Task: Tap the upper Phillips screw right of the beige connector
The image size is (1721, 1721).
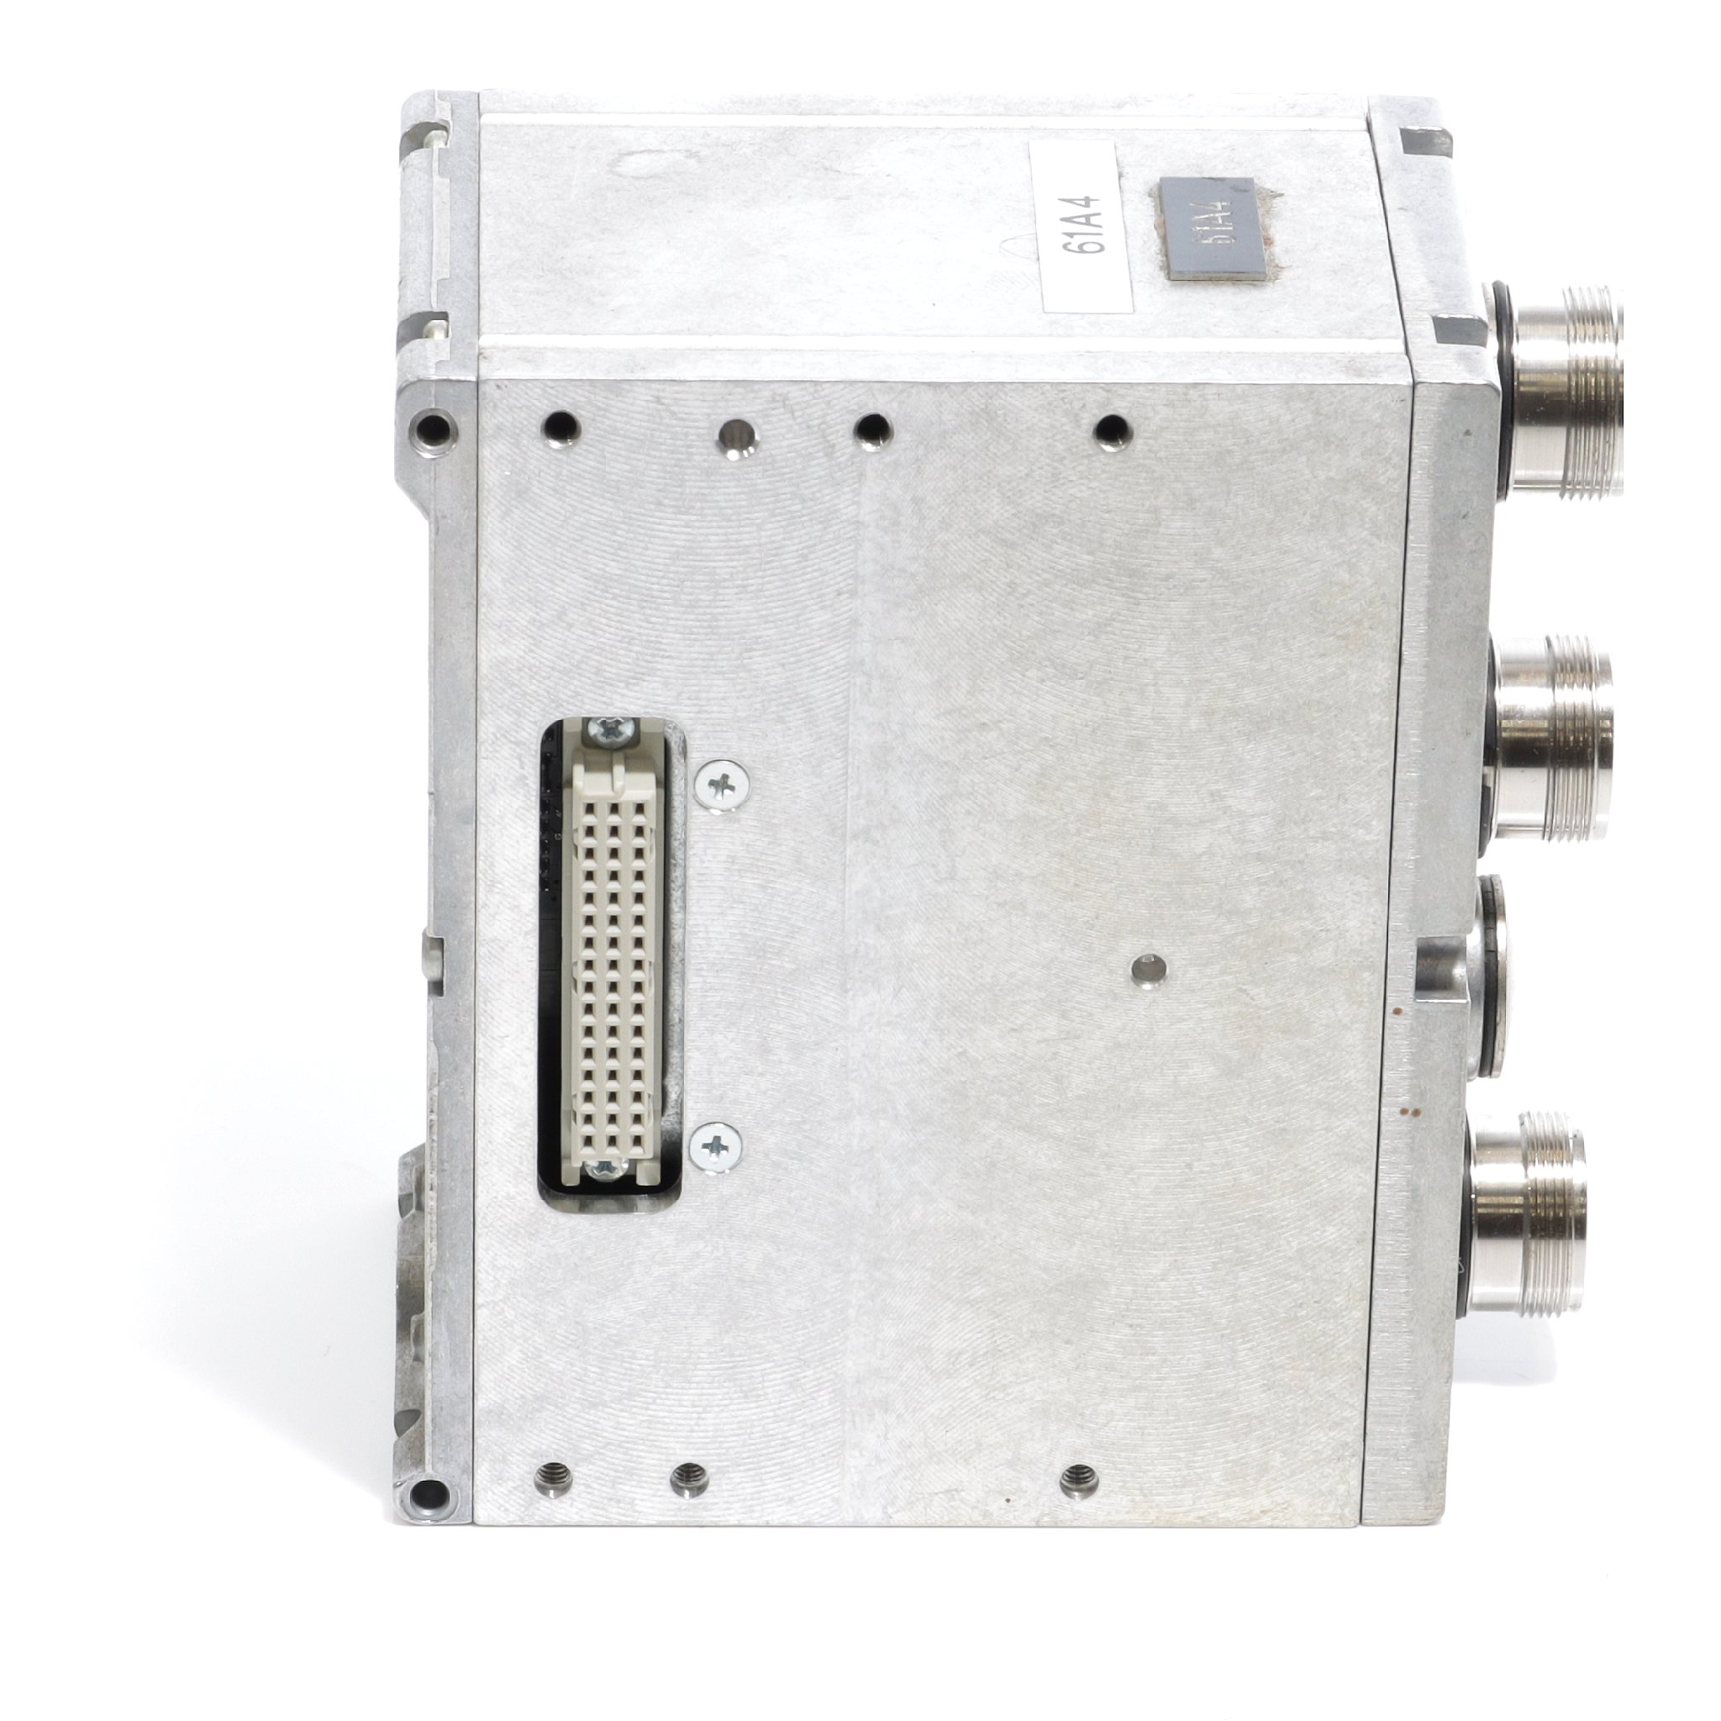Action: [x=721, y=785]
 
